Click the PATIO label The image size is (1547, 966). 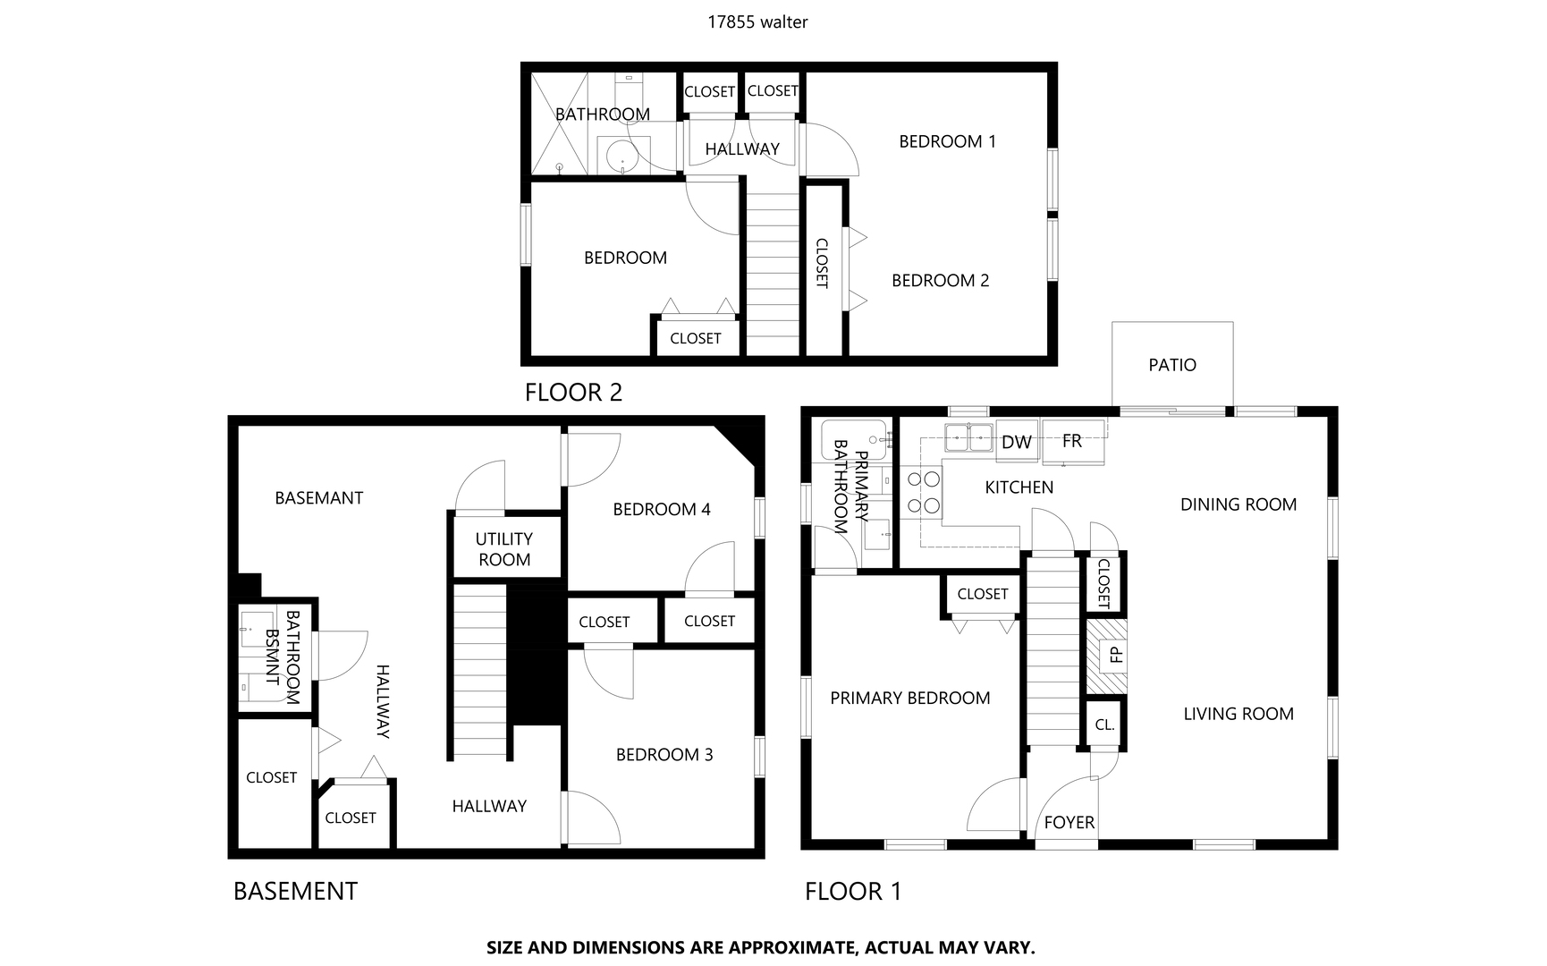click(1171, 365)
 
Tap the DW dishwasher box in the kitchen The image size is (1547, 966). click(1016, 442)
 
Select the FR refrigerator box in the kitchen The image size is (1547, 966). click(1072, 441)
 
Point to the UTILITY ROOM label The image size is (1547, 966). click(504, 549)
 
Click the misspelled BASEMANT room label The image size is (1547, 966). click(318, 498)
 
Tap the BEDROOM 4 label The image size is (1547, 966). click(661, 510)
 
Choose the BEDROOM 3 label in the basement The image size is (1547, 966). click(664, 755)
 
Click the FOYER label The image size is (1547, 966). click(1069, 823)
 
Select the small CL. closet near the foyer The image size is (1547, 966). click(1104, 724)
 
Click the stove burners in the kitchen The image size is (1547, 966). click(925, 493)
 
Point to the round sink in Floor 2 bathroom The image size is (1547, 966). click(621, 157)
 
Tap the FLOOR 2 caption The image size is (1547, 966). click(573, 393)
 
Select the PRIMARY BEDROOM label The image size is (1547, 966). click(909, 699)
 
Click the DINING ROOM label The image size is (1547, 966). click(1238, 504)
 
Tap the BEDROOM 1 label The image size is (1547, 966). click(947, 141)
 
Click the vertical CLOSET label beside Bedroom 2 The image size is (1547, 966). click(822, 263)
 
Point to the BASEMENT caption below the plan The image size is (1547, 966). click(295, 891)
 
